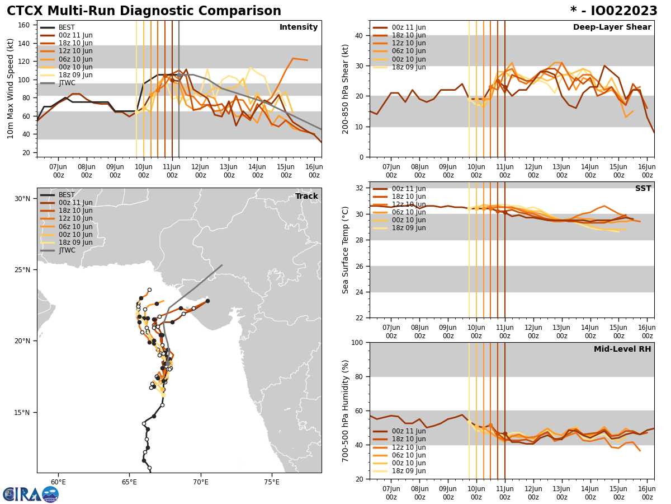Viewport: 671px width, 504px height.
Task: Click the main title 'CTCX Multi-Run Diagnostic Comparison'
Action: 144,11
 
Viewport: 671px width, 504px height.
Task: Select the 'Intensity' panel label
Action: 299,27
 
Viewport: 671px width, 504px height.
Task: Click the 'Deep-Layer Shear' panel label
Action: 612,27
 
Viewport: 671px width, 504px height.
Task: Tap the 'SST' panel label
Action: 642,189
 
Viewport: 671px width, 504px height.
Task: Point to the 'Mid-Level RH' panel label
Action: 622,349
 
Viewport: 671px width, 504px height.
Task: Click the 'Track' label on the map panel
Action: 306,197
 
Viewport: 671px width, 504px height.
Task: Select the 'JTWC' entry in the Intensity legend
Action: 67,83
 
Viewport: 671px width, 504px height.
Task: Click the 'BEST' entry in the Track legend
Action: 67,195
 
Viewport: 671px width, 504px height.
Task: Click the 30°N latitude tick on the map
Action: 22,199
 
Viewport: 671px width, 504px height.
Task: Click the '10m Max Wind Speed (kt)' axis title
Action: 11,88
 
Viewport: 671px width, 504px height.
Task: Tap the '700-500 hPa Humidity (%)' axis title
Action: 346,410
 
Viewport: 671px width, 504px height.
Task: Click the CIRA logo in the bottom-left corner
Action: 30,494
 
